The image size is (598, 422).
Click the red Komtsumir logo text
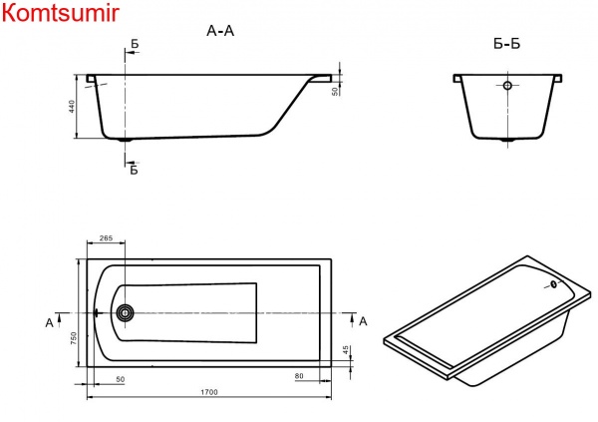pos(60,13)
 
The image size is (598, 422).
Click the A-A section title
pos(219,31)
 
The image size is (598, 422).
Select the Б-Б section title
pos(507,43)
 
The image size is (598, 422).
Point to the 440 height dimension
pos(73,106)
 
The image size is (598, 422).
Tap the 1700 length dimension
pos(208,392)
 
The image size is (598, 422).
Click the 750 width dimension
pos(73,338)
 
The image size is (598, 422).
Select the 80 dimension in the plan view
pos(299,376)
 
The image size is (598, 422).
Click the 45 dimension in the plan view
pos(346,350)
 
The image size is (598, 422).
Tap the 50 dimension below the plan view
pos(120,379)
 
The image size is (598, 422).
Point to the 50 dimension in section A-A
pos(336,90)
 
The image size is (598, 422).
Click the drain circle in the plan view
pos(126,312)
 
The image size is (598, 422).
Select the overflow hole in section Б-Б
pos(507,86)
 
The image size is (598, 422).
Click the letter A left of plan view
pos(49,321)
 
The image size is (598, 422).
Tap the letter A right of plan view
pos(363,320)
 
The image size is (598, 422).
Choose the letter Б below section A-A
pos(134,170)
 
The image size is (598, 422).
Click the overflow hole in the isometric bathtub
pos(548,284)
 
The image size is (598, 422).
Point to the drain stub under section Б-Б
pos(507,141)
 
